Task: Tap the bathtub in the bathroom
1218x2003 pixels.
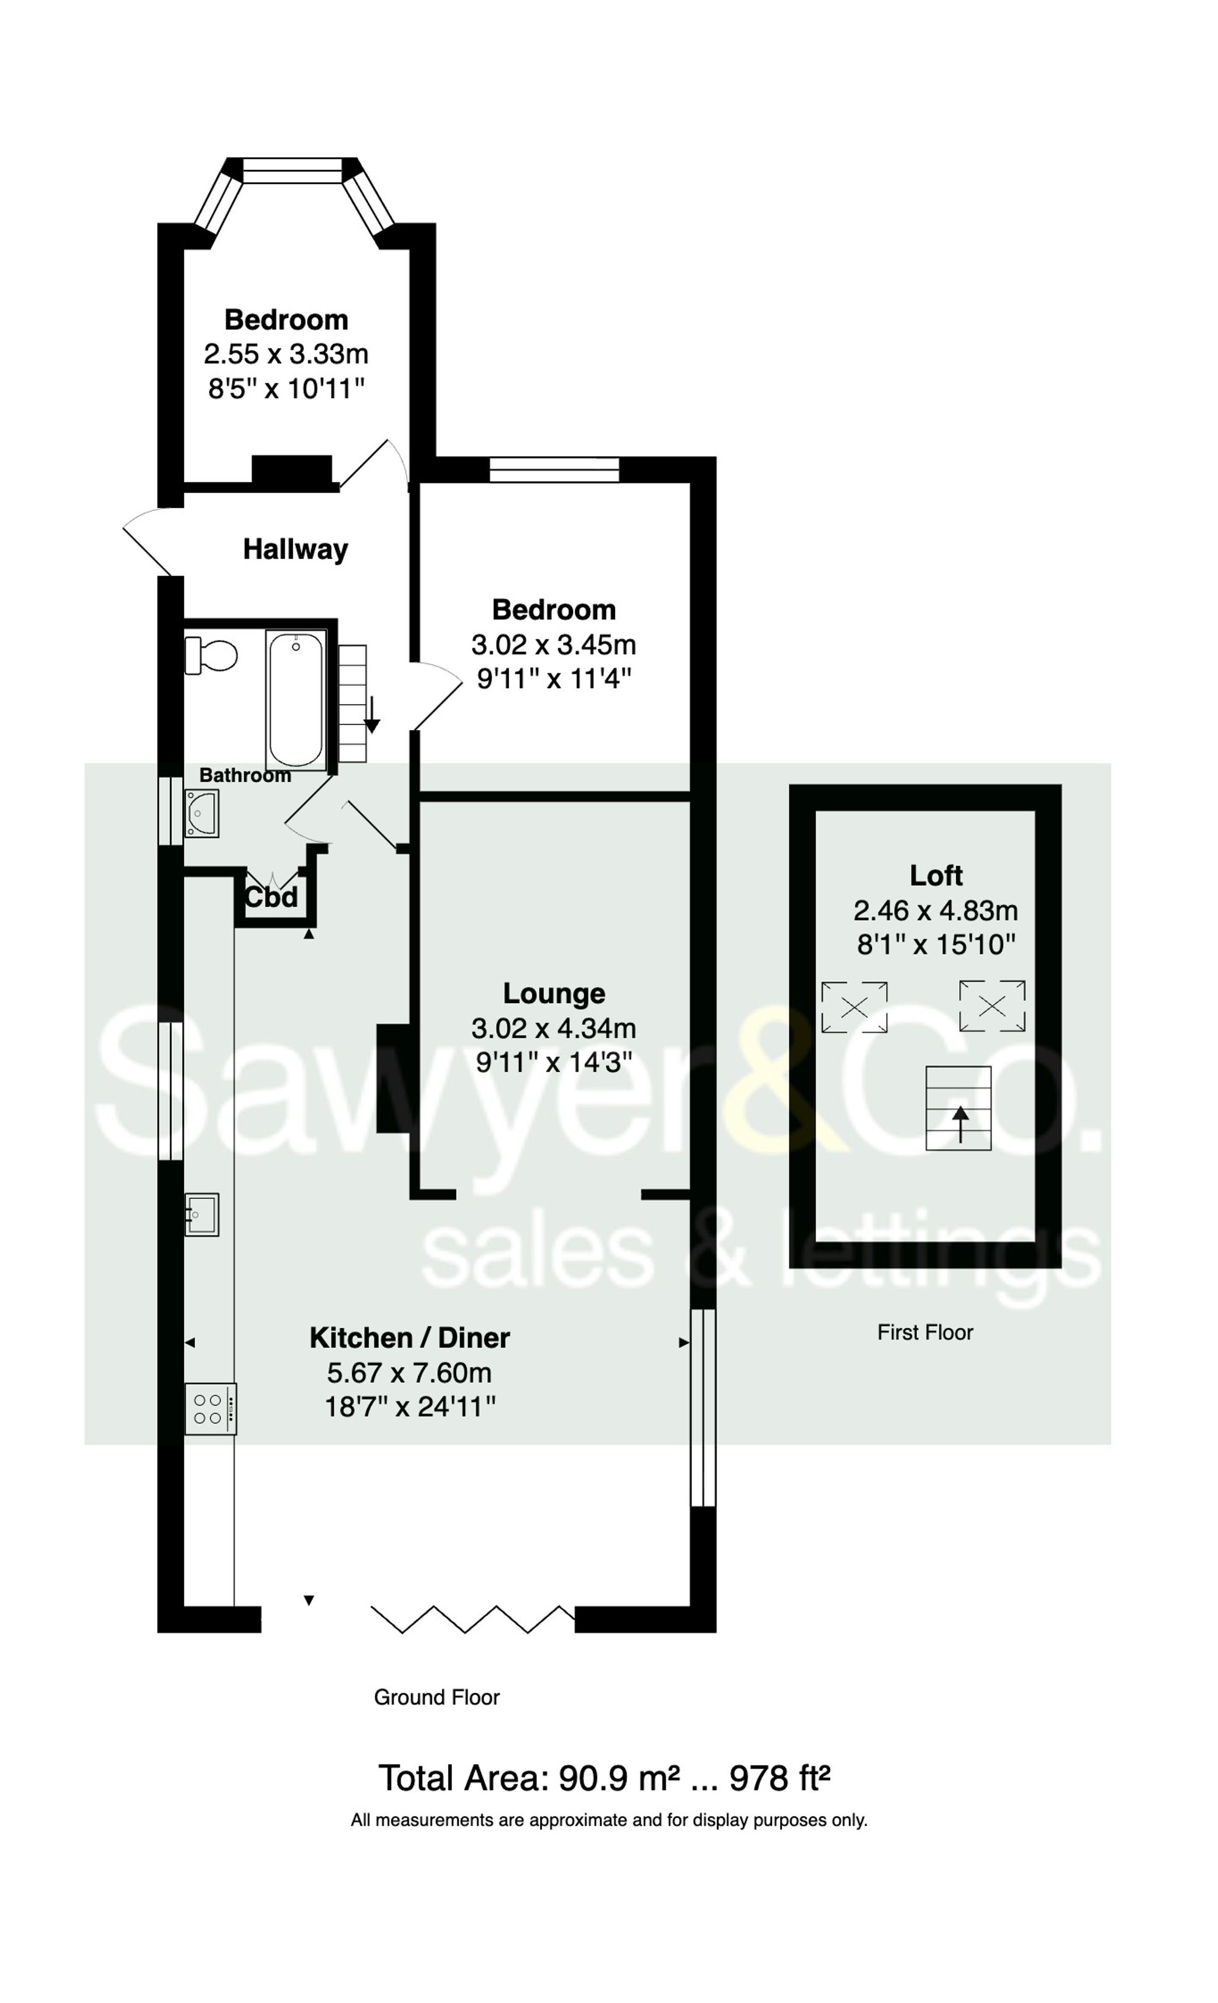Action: (296, 701)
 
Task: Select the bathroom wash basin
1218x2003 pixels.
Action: (201, 813)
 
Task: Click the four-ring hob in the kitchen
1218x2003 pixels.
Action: (209, 1409)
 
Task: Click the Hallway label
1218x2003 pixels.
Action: (295, 549)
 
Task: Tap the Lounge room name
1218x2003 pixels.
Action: (554, 993)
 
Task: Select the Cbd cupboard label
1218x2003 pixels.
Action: (272, 898)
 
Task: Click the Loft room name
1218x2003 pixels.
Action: (936, 876)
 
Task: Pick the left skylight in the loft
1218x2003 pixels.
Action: (854, 1007)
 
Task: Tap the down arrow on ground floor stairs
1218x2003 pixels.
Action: (371, 716)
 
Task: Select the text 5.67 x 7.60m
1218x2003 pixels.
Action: (409, 1373)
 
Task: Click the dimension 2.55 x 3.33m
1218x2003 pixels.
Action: (286, 354)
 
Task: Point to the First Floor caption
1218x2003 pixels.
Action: (924, 1332)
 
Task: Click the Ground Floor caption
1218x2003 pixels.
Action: (437, 1697)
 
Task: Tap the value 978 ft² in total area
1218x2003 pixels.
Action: (779, 1779)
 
